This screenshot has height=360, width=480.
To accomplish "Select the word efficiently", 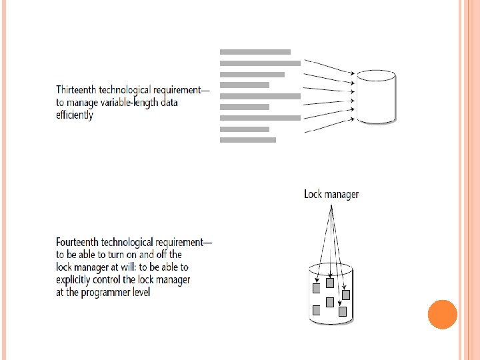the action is point(75,115).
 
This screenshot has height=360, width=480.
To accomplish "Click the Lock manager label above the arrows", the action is point(331,195).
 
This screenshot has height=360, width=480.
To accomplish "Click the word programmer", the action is point(109,292).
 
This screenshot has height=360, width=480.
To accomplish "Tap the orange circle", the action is point(442,314).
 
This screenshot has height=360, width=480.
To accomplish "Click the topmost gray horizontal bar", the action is point(255,51).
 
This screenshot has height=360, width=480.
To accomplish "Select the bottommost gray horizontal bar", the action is point(247,140).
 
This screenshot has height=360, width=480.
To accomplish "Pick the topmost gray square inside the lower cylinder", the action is point(329,283).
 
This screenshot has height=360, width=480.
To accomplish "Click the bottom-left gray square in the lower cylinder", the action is point(317,309).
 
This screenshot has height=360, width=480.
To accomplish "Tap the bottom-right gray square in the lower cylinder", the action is point(343,311).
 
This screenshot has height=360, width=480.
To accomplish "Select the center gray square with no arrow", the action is point(329,302).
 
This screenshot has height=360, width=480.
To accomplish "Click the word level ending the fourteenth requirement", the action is point(140,292).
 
